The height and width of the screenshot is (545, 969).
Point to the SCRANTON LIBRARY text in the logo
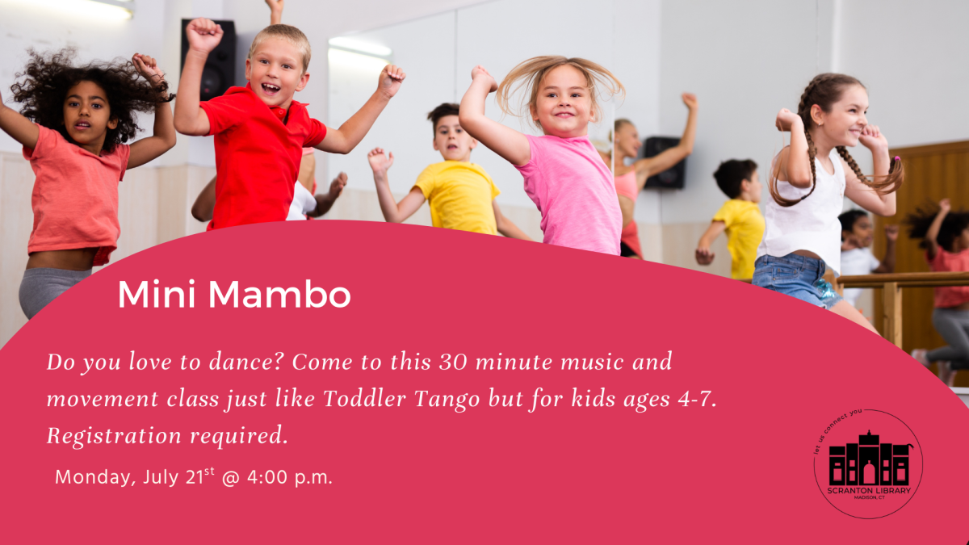[x=868, y=491]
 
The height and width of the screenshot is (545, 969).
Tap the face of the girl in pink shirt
[x=562, y=101]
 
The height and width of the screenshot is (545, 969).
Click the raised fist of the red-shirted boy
[x=203, y=35]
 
